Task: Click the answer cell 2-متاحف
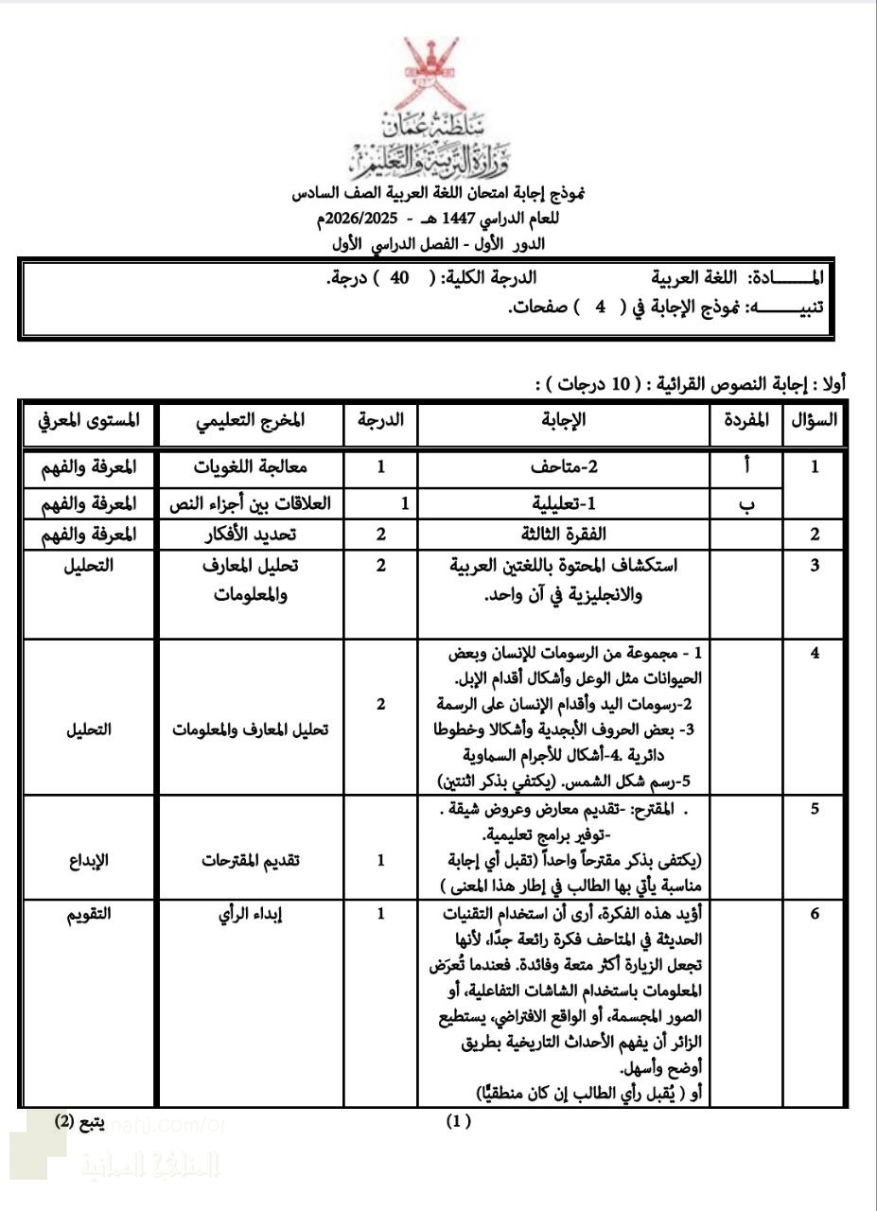pos(564,466)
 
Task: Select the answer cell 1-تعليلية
pos(564,504)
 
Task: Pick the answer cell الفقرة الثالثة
pos(564,534)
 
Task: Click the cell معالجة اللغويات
pos(249,466)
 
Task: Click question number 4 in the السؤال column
pos(815,654)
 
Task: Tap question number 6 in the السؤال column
pos(815,914)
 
